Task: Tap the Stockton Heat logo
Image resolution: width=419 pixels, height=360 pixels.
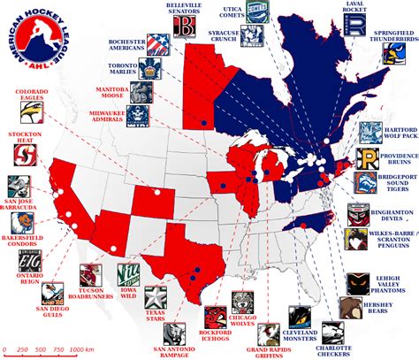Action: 25,156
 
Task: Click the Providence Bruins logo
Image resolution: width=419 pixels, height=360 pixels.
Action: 369,160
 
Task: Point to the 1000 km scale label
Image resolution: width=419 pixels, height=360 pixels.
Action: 83,352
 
